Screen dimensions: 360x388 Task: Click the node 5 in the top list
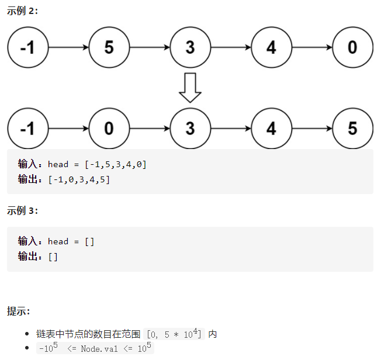coord(109,47)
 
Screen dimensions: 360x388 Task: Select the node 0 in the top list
coord(352,47)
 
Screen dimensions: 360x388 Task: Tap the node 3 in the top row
coord(190,47)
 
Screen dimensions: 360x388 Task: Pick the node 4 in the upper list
coord(271,47)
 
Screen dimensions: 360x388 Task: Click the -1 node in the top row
coord(27,47)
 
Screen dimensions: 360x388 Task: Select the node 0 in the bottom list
coord(109,128)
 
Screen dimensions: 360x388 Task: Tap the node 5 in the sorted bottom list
coord(352,128)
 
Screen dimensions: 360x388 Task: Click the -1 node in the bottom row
coord(27,128)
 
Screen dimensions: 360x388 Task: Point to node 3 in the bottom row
coord(190,128)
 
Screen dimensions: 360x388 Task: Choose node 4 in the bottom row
coord(271,128)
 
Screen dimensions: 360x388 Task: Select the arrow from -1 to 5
coord(68,47)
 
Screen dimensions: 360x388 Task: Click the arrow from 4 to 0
coord(311,47)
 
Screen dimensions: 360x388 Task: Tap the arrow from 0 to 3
coord(149,128)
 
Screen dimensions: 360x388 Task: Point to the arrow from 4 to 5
coord(311,128)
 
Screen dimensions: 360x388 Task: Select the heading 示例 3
coord(22,211)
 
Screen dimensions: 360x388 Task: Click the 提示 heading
coord(19,311)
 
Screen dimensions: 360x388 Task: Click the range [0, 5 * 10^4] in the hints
coord(174,334)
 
